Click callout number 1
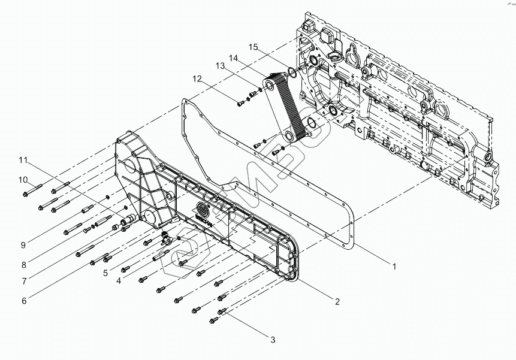click(394, 267)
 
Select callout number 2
click(337, 301)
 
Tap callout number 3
click(273, 340)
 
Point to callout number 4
click(119, 280)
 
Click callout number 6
click(24, 301)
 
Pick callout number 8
click(24, 262)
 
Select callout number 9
click(24, 244)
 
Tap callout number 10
click(23, 179)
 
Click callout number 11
click(23, 160)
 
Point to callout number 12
click(197, 78)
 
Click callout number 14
click(233, 58)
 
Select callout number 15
click(254, 47)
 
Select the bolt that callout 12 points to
click(240, 103)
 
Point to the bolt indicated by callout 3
click(222, 311)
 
